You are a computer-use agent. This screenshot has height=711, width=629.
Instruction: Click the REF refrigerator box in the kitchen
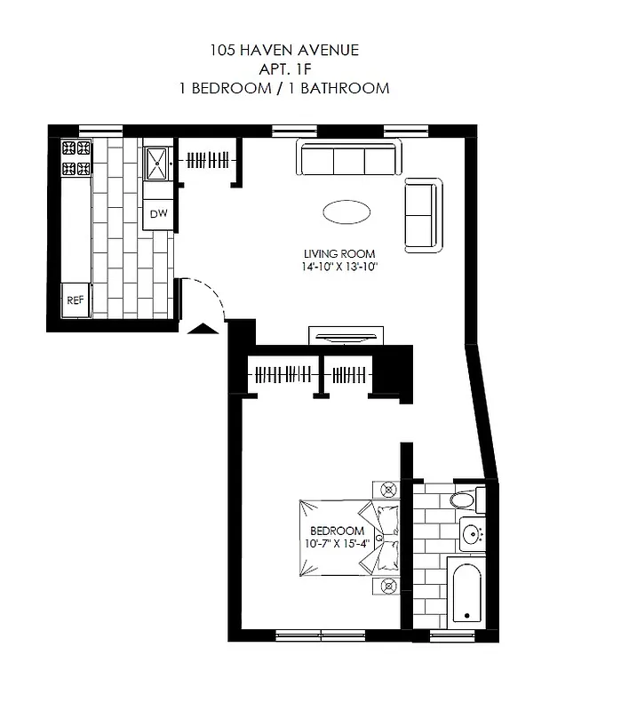point(76,300)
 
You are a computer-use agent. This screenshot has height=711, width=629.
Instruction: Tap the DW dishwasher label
point(158,213)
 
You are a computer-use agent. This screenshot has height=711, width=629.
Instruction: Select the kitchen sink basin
point(158,161)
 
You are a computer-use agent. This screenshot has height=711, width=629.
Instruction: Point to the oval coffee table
point(346,212)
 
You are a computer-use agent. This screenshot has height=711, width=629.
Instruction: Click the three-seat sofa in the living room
point(349,161)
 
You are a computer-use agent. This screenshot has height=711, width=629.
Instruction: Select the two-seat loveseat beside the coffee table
point(422,214)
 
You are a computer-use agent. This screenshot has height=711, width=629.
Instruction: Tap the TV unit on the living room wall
point(346,336)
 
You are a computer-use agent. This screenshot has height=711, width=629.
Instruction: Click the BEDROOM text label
point(337,531)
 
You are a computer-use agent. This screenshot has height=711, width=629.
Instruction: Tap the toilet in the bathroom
point(465,500)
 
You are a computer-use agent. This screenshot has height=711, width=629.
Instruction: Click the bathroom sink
point(471,534)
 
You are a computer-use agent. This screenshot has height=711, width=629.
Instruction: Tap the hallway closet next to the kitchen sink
point(210,161)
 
